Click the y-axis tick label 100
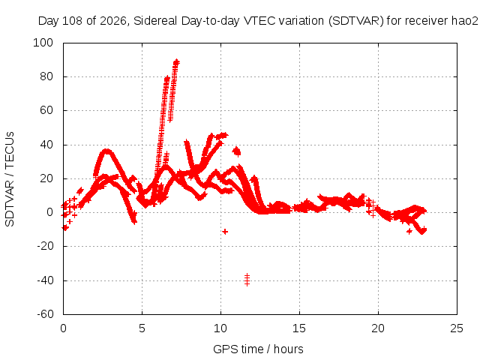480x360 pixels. (x=43, y=43)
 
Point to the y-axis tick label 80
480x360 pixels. (x=46, y=76)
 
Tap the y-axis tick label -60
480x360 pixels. (x=45, y=314)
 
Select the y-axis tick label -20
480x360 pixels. (x=45, y=246)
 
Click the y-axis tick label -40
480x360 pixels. (x=45, y=280)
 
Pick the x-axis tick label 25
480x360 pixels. (x=457, y=328)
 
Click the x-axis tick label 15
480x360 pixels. (x=299, y=328)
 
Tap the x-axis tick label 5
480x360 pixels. (x=142, y=328)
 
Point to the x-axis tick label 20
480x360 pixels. (x=378, y=328)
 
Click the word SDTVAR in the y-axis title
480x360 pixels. (x=10, y=203)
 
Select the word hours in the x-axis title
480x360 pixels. (x=288, y=349)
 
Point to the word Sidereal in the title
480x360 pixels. (x=155, y=21)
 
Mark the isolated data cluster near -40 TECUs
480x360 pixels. (x=247, y=280)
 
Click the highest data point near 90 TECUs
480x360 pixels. (x=176, y=62)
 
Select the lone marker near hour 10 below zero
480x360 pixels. (x=225, y=232)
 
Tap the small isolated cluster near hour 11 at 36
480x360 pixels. (x=237, y=151)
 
